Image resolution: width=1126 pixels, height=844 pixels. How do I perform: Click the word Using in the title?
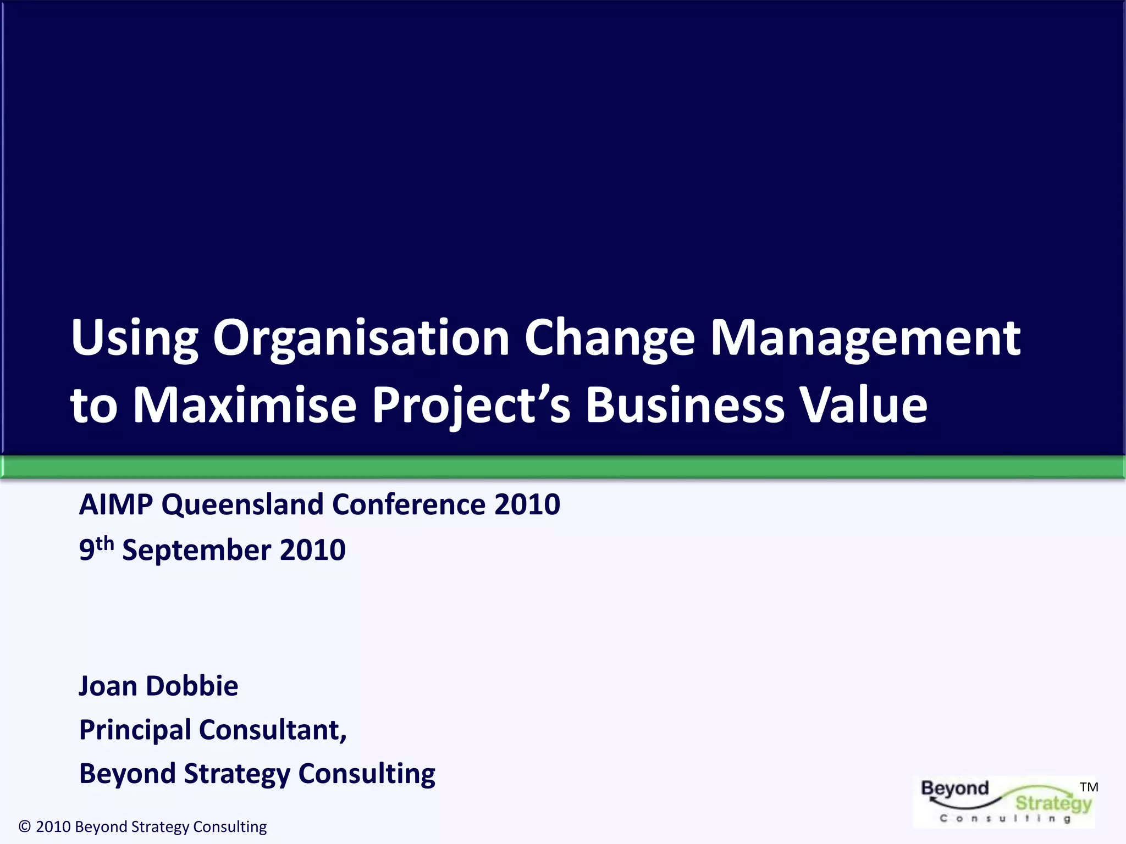click(x=134, y=338)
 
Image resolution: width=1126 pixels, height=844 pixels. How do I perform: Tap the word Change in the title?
click(x=609, y=338)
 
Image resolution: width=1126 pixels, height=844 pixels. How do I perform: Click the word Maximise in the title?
click(x=245, y=405)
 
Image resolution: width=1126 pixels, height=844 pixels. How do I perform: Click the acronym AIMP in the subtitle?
click(x=115, y=504)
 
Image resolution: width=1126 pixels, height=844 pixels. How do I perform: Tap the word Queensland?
click(x=242, y=504)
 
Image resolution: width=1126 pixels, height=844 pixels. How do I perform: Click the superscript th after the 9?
click(x=104, y=543)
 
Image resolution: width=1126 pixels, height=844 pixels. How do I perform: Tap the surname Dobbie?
click(x=192, y=686)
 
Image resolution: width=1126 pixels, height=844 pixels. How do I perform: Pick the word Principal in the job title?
click(x=135, y=730)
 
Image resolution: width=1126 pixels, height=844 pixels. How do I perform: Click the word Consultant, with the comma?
click(x=273, y=730)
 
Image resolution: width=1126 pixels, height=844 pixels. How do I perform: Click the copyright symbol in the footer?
click(x=25, y=826)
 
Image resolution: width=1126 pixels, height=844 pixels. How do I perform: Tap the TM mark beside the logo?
click(x=1089, y=787)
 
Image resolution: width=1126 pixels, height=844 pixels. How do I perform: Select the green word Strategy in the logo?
click(x=1053, y=803)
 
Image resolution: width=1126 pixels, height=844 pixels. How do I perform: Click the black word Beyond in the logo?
click(x=955, y=789)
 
